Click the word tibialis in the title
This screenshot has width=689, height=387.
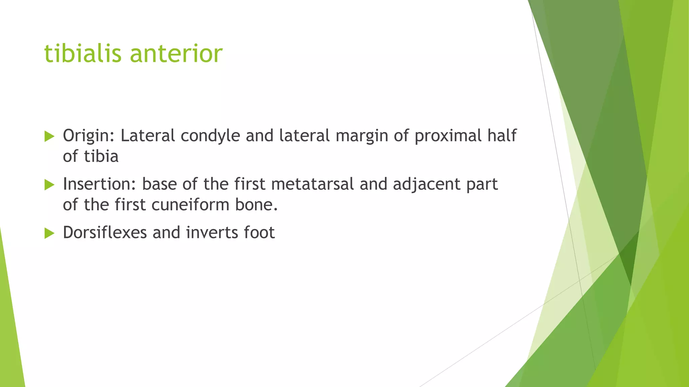(x=82, y=54)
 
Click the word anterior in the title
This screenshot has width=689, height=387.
(x=176, y=54)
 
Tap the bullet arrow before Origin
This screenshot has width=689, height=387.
(x=49, y=136)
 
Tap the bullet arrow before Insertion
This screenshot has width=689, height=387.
(x=49, y=185)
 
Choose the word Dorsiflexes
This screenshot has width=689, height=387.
(x=105, y=232)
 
